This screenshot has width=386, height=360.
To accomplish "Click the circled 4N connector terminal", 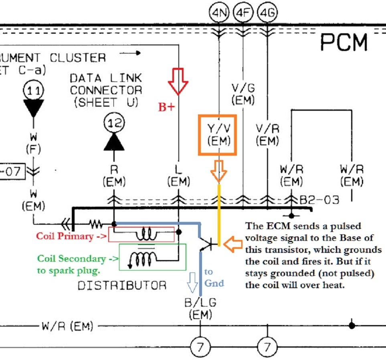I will point(219,13).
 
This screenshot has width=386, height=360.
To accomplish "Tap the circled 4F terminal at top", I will point(243,13).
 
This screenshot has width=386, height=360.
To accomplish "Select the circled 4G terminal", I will point(267,13).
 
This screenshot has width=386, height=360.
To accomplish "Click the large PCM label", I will point(344,42).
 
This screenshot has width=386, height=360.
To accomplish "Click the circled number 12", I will point(114,123).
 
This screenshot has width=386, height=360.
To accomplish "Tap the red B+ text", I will point(166,107).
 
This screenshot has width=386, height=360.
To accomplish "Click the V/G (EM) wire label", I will point(243,94).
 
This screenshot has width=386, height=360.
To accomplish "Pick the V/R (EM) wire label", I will point(267,135).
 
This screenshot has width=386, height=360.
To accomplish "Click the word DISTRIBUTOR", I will point(122,286).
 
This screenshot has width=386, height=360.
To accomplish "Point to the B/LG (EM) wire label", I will point(200,308).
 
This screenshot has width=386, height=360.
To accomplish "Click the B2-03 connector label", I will point(319,199).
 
